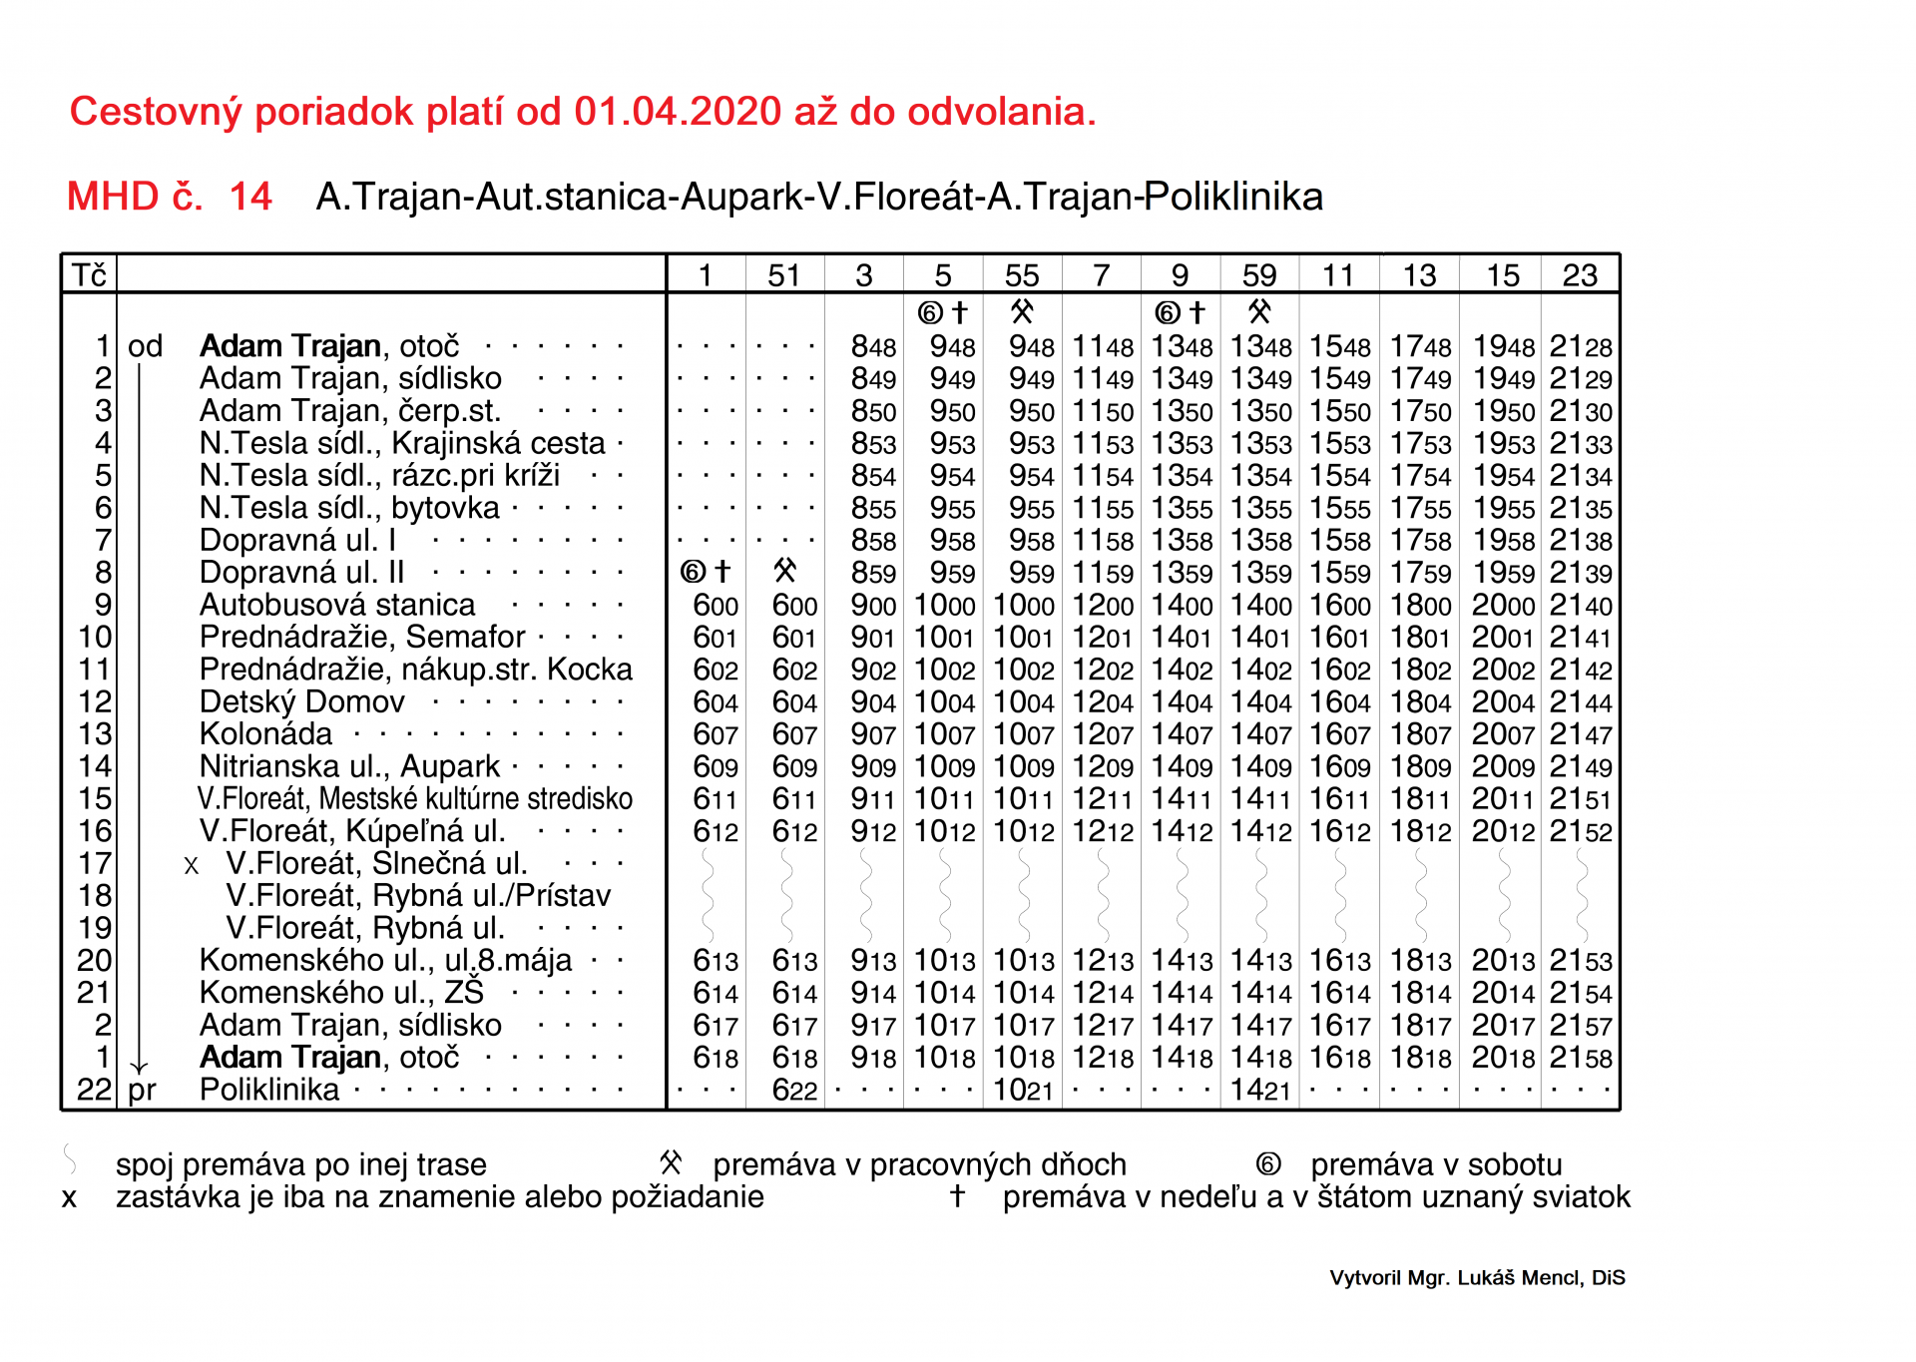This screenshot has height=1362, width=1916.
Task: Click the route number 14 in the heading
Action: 250,197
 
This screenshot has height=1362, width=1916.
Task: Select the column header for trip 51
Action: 784,275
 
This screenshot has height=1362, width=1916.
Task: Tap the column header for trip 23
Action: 1580,275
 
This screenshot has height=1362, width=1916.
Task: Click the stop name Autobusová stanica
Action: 337,606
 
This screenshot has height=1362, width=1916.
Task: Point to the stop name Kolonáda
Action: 265,734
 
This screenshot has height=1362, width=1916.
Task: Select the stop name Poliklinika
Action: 269,1091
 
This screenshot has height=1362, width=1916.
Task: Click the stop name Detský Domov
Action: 302,702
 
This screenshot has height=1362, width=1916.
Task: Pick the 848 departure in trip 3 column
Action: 873,347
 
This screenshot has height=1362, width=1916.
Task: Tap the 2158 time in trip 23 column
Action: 1581,1058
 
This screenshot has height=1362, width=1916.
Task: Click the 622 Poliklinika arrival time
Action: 794,1091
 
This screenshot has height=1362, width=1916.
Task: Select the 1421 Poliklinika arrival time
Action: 1260,1091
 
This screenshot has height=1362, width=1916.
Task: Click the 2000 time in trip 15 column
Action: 1503,606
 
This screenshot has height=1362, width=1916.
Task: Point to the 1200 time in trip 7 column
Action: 1103,606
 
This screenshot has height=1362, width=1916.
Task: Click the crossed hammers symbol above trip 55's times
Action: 1022,312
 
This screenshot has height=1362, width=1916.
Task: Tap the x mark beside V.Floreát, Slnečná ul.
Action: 192,866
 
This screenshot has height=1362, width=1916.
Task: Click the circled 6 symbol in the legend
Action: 1268,1164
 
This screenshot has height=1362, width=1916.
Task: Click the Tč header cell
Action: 89,275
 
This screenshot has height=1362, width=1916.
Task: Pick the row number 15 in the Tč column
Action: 96,799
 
